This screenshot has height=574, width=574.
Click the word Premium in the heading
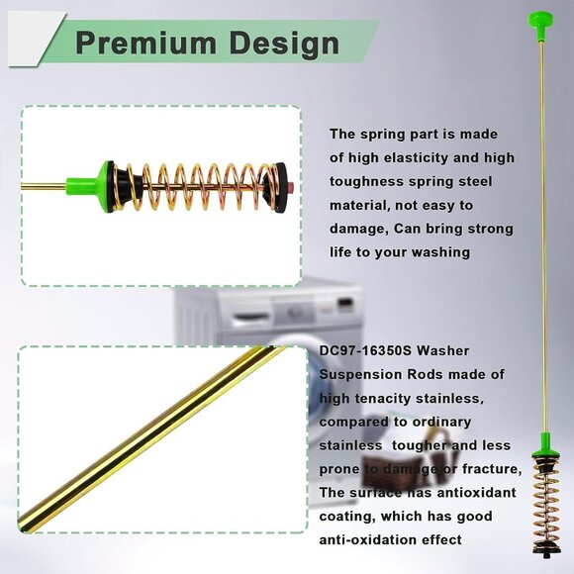tap(146, 43)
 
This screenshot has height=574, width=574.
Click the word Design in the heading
tap(284, 44)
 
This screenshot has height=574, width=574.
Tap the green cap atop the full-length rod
tap(540, 25)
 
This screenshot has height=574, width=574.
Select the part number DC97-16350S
tap(364, 350)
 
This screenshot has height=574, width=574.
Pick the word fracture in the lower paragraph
tap(491, 469)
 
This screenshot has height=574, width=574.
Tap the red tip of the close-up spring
tap(291, 185)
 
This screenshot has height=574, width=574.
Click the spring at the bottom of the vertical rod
tap(546, 505)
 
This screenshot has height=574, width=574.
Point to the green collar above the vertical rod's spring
tap(545, 445)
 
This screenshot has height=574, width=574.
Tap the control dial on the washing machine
tap(291, 313)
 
